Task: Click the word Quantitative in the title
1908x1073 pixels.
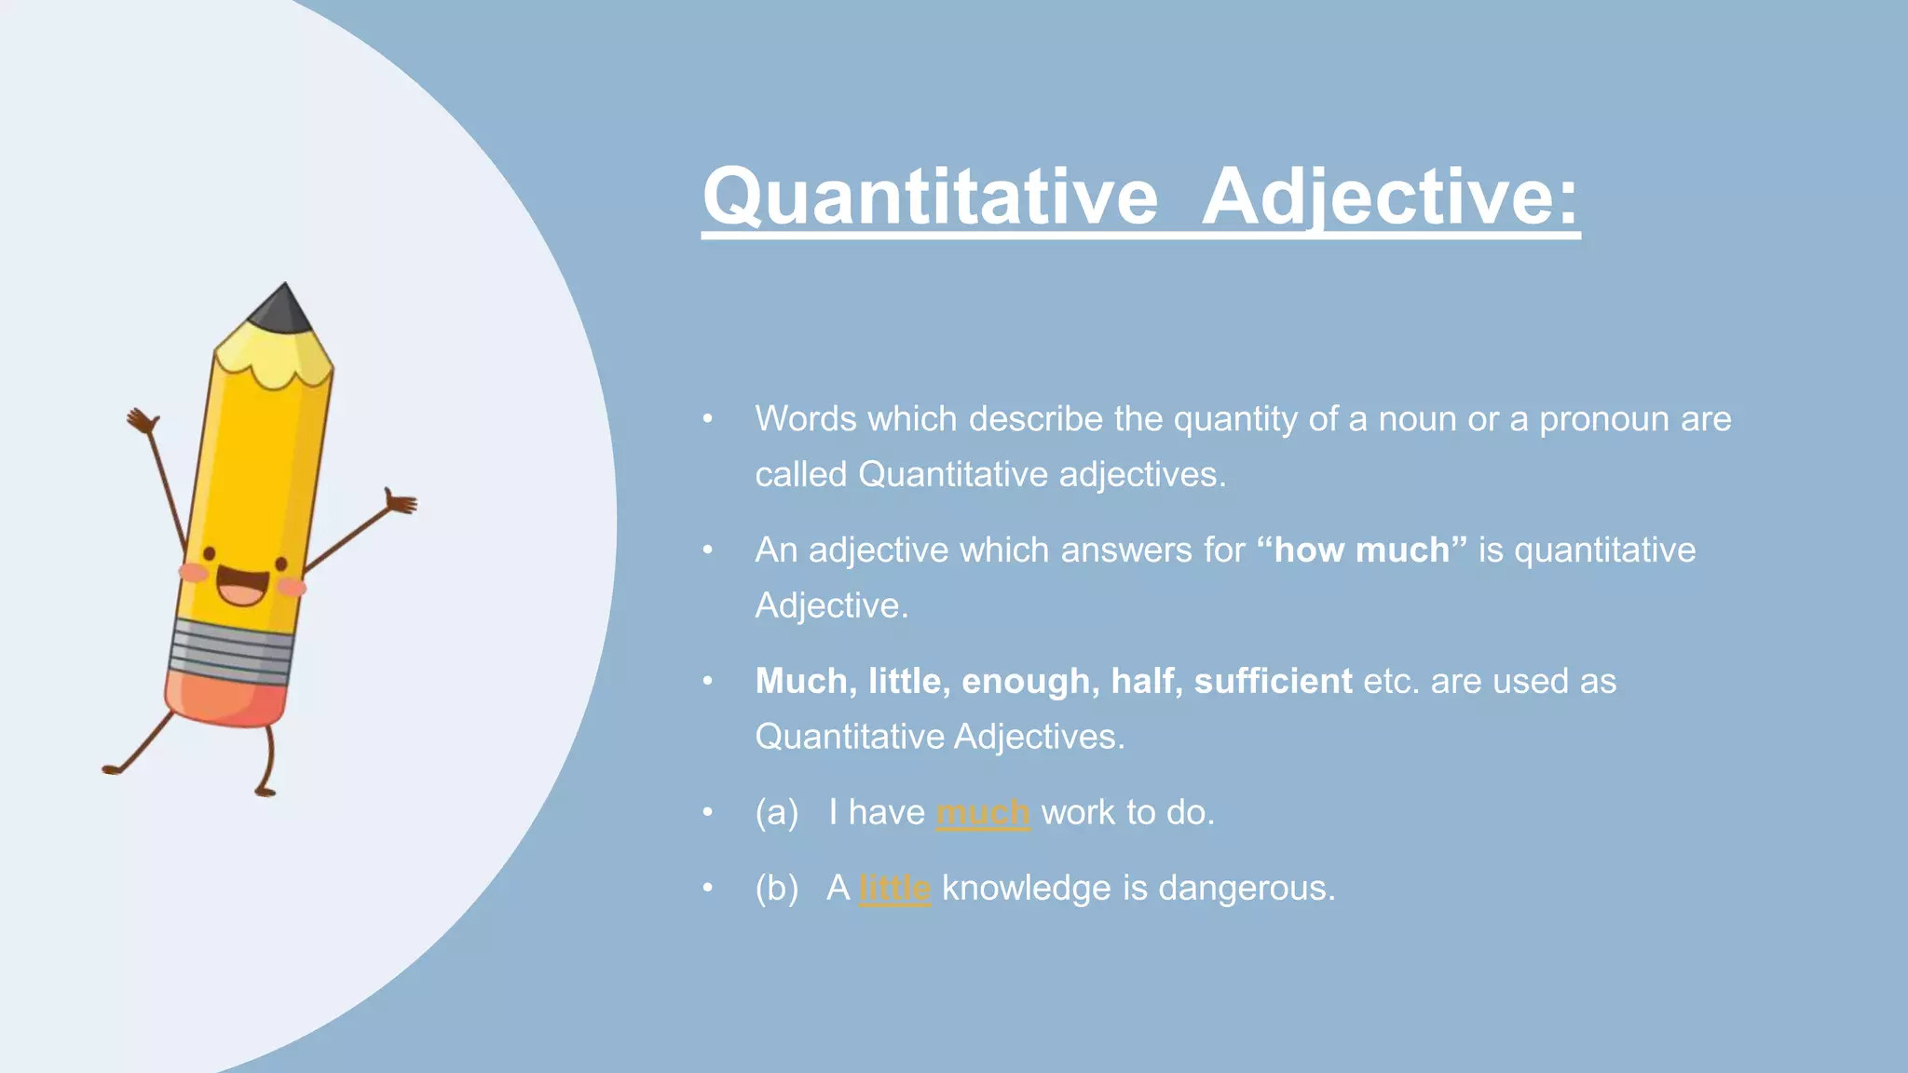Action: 930,197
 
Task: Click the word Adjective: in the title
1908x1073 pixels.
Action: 1390,197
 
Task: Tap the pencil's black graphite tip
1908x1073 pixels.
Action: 282,309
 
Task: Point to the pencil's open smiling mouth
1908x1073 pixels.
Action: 242,588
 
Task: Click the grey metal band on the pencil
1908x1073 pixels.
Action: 233,648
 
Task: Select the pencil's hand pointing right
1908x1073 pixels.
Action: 402,503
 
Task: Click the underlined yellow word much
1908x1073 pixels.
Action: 982,812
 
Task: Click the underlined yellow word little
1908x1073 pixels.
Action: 894,888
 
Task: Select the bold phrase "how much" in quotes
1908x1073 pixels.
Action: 1361,550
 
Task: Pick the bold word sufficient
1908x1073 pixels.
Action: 1273,681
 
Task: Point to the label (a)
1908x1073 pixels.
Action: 777,812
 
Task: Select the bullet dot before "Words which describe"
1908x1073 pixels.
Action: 708,419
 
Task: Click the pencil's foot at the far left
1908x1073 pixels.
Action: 112,769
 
